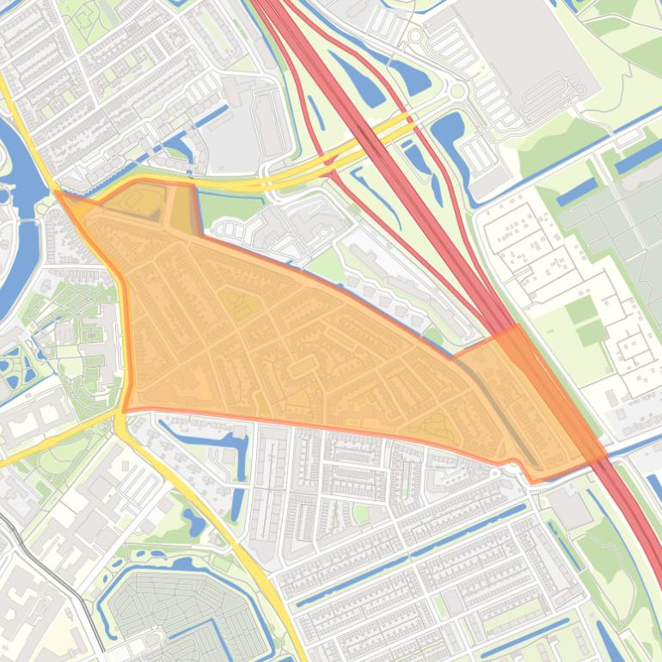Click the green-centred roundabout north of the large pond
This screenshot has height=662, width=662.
pyautogui.click(x=457, y=90)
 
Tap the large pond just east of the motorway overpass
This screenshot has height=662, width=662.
pyautogui.click(x=447, y=133)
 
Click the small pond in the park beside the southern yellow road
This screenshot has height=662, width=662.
pyautogui.click(x=193, y=520)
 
